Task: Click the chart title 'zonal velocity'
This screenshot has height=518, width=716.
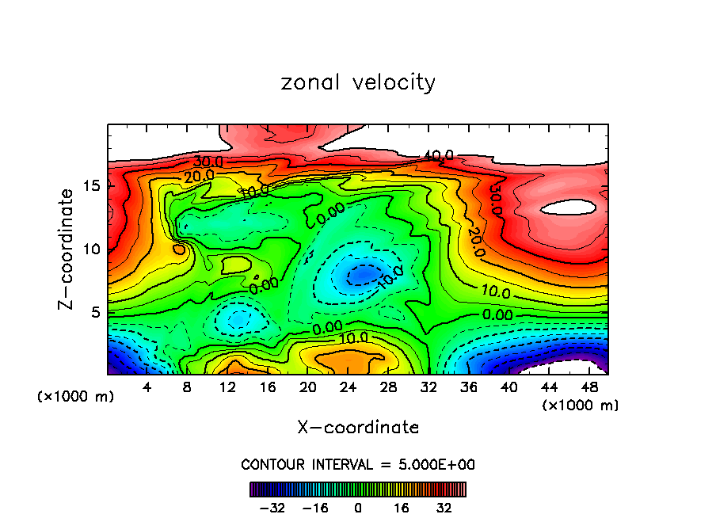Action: (358, 82)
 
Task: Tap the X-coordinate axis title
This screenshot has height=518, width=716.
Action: (358, 428)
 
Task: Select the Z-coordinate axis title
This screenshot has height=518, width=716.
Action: (67, 249)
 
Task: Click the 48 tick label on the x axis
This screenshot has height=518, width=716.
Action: (588, 387)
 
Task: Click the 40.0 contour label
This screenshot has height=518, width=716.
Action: (438, 156)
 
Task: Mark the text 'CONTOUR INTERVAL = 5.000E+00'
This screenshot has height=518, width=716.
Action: (358, 464)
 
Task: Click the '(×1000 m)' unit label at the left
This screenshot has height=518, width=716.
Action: (75, 396)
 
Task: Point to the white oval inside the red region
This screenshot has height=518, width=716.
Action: (568, 208)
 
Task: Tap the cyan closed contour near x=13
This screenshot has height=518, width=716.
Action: (238, 319)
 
